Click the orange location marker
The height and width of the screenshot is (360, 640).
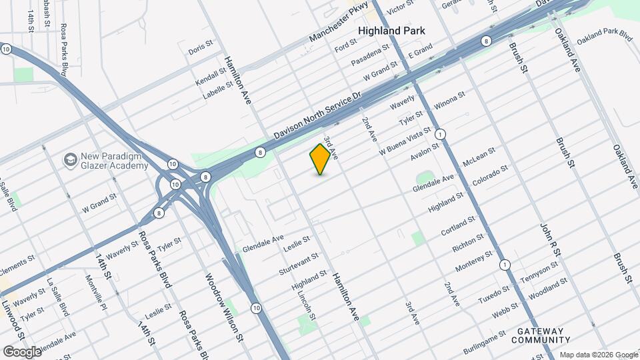(321, 159)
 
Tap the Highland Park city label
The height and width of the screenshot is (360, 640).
(392, 31)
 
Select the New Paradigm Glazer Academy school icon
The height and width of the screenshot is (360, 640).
(69, 160)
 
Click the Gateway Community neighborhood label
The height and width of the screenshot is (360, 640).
(537, 335)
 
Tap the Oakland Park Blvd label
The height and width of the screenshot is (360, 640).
(604, 35)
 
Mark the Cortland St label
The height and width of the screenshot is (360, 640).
(458, 226)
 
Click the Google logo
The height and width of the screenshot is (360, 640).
(22, 351)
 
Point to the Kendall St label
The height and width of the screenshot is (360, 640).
(211, 79)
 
